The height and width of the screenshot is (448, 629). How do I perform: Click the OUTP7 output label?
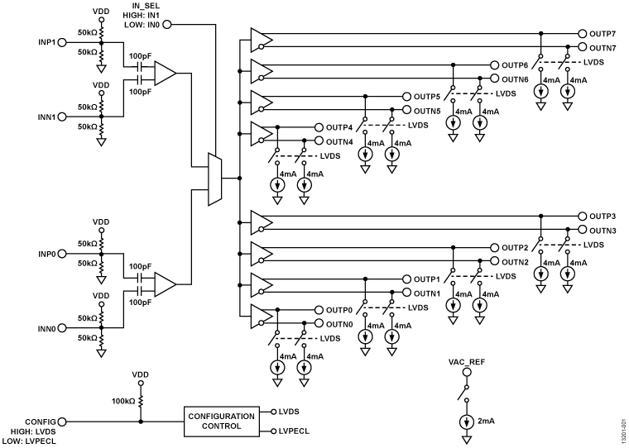pos(603,34)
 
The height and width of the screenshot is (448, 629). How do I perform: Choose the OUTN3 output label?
pos(603,230)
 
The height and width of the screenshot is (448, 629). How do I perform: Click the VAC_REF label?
pos(465,362)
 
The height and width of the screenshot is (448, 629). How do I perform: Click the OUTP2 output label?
pos(515,248)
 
